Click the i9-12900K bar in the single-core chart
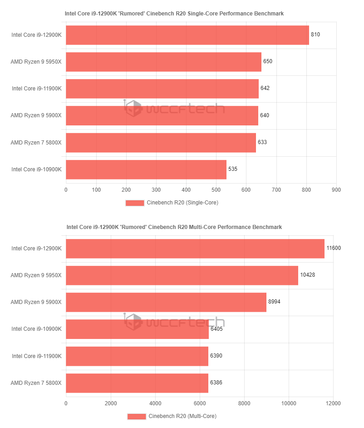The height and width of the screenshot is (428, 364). click(187, 35)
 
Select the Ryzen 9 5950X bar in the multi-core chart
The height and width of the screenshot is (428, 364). click(182, 275)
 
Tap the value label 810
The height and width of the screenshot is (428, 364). click(315, 35)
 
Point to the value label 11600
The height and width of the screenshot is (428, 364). click(334, 248)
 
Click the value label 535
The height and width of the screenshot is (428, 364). click(233, 169)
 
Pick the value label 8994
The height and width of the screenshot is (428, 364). click(275, 302)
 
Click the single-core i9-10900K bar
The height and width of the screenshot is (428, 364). click(146, 169)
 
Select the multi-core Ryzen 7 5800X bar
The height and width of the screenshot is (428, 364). click(137, 383)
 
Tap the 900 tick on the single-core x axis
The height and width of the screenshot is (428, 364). click(336, 189)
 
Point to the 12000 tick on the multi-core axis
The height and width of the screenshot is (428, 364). click(333, 403)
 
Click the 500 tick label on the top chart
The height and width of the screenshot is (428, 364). click(216, 189)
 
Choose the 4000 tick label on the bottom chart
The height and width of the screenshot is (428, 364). click(155, 403)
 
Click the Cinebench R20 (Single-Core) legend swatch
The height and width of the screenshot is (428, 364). click(135, 203)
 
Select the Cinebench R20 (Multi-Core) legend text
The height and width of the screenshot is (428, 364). click(182, 416)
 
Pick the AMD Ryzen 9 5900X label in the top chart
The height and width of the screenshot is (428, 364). click(36, 115)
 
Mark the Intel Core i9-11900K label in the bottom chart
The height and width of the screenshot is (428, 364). click(36, 356)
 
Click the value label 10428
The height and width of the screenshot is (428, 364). click(307, 275)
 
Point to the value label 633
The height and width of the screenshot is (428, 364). click(262, 142)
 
